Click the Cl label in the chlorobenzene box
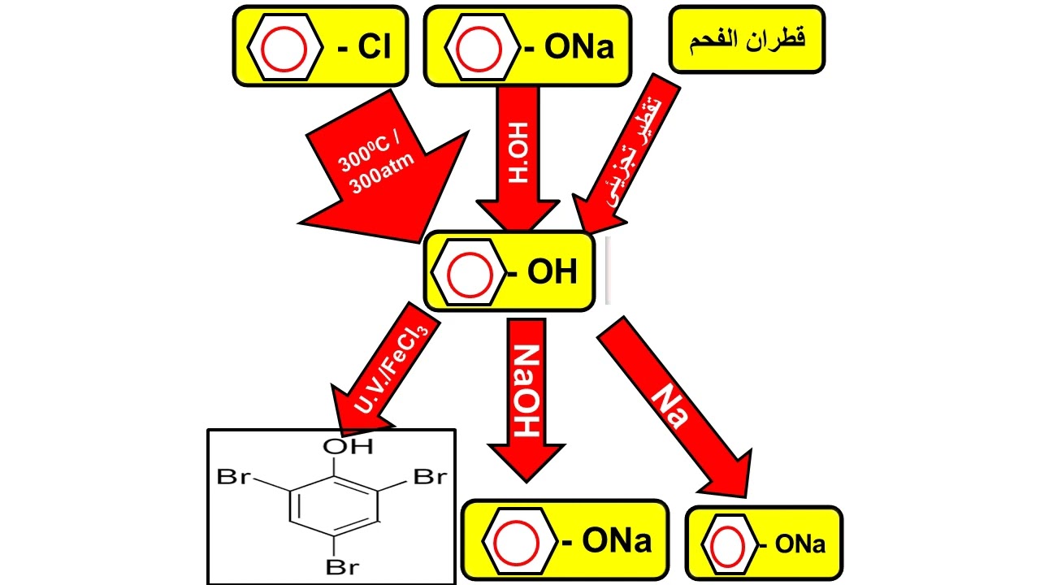375,46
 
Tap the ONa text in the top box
579,46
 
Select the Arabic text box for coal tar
747,39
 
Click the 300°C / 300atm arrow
383,167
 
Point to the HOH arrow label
518,153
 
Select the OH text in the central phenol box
552,271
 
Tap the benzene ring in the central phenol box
470,272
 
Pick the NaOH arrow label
526,391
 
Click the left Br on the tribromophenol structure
234,477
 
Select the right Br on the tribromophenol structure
430,477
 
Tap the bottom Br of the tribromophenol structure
342,567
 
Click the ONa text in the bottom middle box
617,541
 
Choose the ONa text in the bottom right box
799,544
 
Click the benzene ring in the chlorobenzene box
284,48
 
